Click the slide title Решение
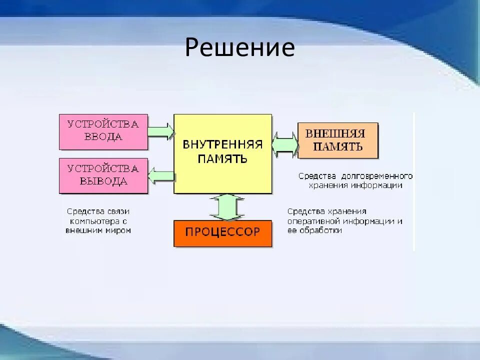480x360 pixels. [239, 47]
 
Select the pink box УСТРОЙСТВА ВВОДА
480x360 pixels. [103, 131]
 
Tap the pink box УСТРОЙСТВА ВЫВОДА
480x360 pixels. [103, 175]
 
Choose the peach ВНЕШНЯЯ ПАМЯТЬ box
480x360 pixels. [337, 140]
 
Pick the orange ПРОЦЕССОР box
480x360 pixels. [222, 233]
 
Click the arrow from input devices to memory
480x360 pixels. [160, 131]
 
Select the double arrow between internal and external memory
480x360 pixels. [285, 144]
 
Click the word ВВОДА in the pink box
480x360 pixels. [103, 137]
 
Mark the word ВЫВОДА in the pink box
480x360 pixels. [103, 181]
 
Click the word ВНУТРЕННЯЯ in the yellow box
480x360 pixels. [222, 145]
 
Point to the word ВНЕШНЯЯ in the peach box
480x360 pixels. [335, 134]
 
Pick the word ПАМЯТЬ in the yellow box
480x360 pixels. [222, 159]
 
